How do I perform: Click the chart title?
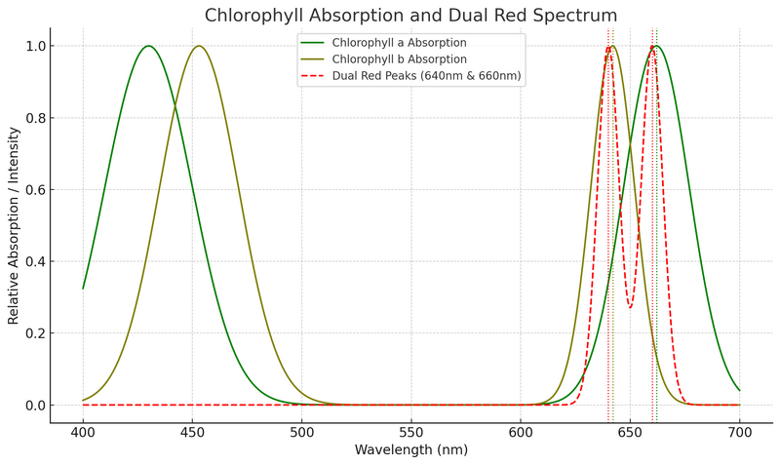pos(410,16)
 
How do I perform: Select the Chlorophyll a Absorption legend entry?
pos(399,43)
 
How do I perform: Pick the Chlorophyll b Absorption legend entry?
pos(399,59)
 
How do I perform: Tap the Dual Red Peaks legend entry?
pos(427,76)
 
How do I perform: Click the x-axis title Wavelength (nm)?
pos(410,450)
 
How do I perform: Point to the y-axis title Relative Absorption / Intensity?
pos(14,225)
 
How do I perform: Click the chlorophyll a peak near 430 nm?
pos(148,46)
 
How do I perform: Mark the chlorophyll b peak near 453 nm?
pos(199,46)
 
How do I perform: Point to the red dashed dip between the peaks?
pos(630,308)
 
